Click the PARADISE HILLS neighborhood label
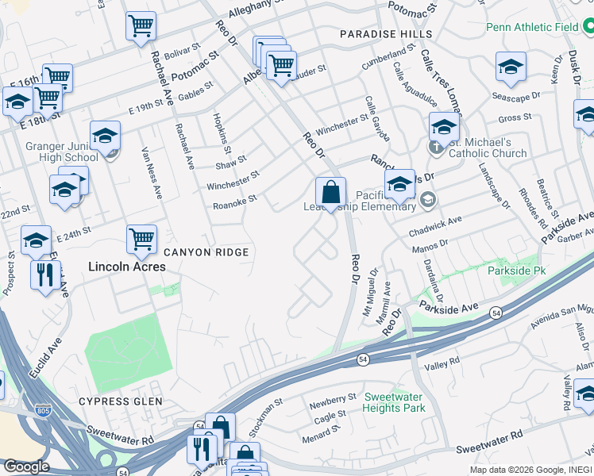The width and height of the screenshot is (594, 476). click(386, 34)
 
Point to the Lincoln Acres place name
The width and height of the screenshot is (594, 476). click(127, 267)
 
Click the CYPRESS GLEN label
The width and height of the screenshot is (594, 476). click(120, 401)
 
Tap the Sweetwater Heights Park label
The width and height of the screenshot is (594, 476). click(394, 402)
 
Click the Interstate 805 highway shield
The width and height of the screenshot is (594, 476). click(44, 410)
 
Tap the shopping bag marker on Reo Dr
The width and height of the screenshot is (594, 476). click(330, 193)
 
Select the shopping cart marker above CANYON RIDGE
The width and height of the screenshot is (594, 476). click(141, 239)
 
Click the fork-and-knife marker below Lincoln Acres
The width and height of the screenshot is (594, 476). click(44, 275)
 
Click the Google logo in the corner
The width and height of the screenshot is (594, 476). click(26, 466)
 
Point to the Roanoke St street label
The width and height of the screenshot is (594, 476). click(235, 205)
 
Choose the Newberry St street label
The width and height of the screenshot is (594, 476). click(334, 398)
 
